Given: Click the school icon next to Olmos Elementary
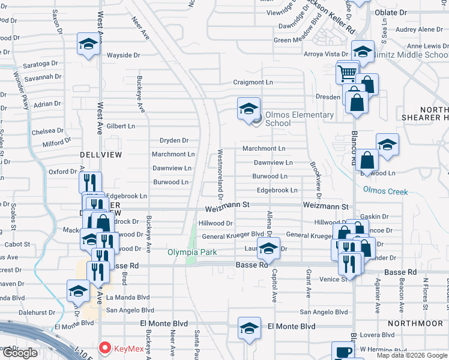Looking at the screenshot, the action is pyautogui.click(x=249, y=109).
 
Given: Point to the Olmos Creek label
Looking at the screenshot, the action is pyautogui.click(x=385, y=192).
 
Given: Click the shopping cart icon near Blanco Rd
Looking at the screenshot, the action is pyautogui.click(x=348, y=73).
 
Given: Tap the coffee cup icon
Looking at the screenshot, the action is pyautogui.click(x=343, y=352).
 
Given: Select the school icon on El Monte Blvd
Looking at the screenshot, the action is pyautogui.click(x=249, y=328).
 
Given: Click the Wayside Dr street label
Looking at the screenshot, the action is pyautogui.click(x=123, y=55).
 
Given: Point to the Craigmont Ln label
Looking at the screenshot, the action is pyautogui.click(x=253, y=82).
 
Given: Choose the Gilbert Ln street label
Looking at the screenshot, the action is pyautogui.click(x=121, y=126).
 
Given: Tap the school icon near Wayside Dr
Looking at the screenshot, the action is pyautogui.click(x=88, y=44).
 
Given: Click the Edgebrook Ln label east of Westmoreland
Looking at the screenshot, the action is pyautogui.click(x=277, y=190).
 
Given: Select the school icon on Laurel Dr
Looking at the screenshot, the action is pyautogui.click(x=268, y=248).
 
